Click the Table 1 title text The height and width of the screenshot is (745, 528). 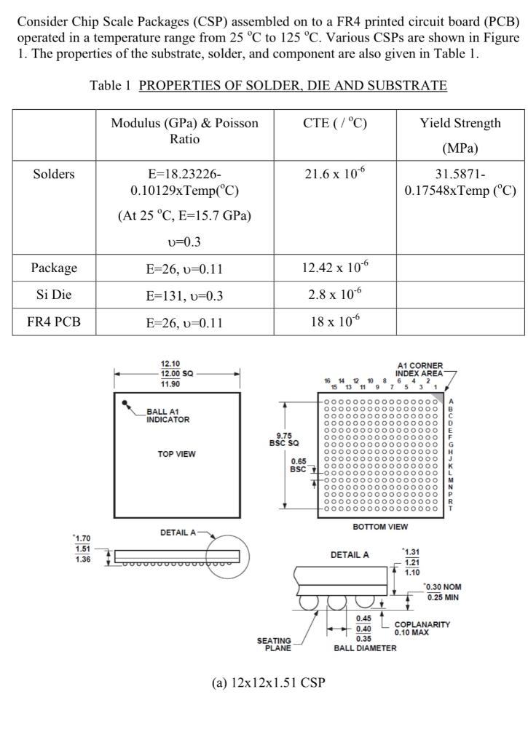click(x=268, y=86)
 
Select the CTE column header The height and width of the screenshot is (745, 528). click(x=334, y=123)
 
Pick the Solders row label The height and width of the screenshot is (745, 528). click(x=54, y=174)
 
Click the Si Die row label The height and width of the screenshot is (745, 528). click(x=54, y=295)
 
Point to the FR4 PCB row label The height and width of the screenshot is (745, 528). click(x=54, y=322)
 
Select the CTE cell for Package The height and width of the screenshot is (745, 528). click(x=334, y=268)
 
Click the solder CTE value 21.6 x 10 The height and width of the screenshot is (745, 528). click(x=334, y=174)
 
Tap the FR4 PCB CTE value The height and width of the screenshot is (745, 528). click(x=334, y=321)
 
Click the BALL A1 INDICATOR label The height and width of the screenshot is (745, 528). click(x=168, y=415)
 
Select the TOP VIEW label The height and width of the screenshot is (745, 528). click(x=176, y=454)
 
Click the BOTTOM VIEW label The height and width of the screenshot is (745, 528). click(x=379, y=527)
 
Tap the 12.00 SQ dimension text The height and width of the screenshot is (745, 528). click(x=176, y=373)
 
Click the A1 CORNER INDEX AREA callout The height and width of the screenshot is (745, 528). click(x=419, y=370)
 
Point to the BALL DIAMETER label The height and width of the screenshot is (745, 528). click(x=365, y=648)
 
